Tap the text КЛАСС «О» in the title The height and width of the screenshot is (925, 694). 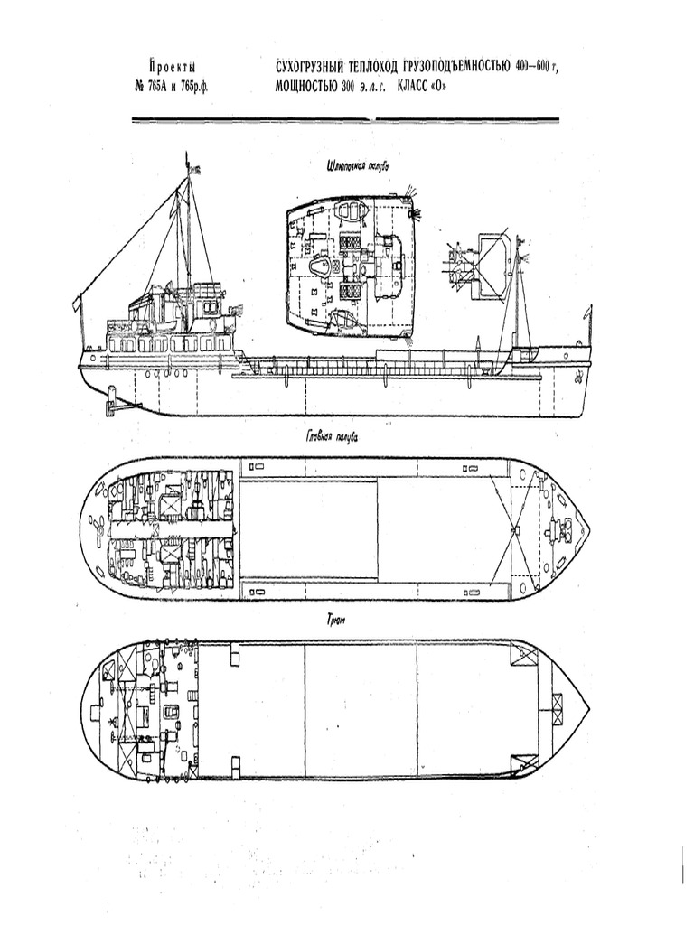(x=422, y=88)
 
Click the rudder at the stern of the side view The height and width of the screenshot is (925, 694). (x=111, y=400)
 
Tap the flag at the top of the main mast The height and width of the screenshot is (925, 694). (x=190, y=166)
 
